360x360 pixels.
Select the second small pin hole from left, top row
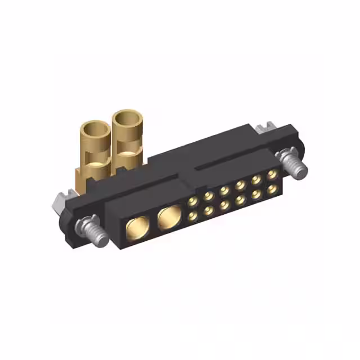(209, 196)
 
